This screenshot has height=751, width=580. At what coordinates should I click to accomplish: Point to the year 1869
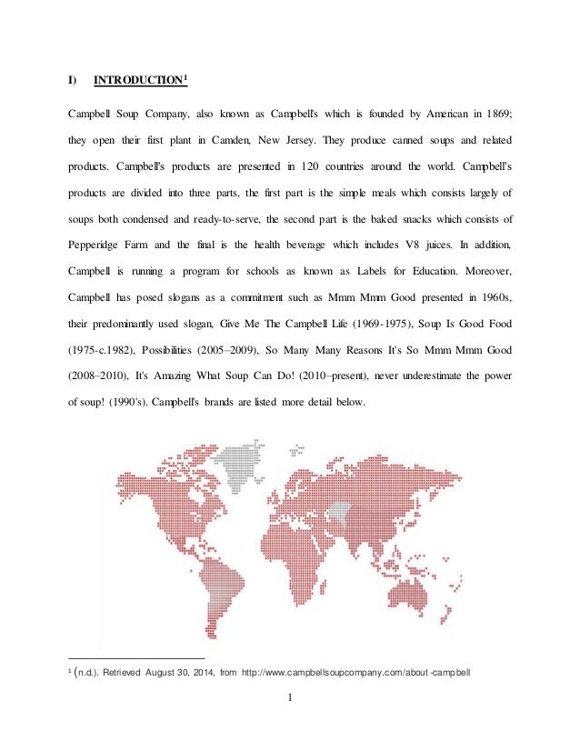[x=496, y=116]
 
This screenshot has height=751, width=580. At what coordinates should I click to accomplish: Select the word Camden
[x=259, y=142]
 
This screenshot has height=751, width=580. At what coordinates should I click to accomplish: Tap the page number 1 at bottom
[x=289, y=701]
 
